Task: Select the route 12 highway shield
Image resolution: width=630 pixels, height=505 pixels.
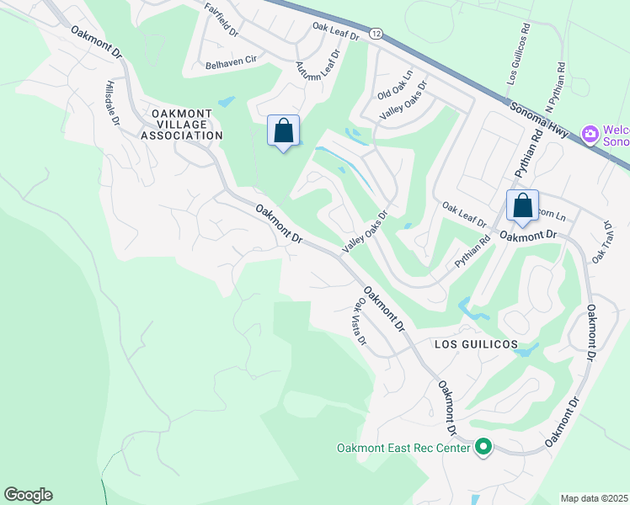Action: point(376,34)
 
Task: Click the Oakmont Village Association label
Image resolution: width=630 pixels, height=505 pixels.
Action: point(182,124)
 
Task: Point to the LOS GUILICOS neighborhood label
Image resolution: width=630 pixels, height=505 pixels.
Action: point(475,345)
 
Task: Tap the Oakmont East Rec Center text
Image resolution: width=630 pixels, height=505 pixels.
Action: point(403,448)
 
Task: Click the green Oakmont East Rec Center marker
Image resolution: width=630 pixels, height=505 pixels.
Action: point(483,448)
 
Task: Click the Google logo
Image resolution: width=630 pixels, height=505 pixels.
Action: point(28,495)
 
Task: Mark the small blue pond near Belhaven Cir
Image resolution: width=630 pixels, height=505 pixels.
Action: point(226,102)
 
